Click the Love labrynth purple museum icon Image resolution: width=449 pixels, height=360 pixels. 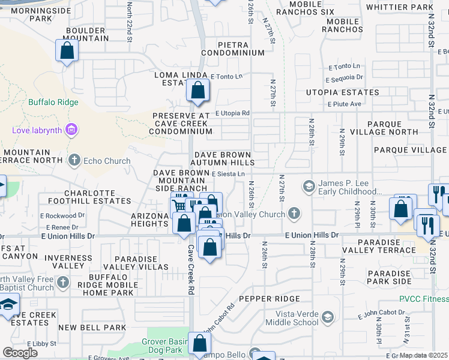pos(71,130)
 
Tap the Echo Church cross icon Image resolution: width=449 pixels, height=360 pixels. pos(74,160)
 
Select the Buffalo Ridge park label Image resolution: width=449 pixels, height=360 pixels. pos(53,102)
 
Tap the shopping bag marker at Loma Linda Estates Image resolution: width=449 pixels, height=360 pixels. pos(197,91)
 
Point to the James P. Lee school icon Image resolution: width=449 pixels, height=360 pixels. pos(309,185)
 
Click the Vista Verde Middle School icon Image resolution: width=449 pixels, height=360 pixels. pos(327,316)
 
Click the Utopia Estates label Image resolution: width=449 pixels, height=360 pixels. pos(342,92)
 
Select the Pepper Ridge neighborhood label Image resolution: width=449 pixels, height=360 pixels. pos(268,298)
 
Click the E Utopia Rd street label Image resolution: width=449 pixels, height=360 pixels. pos(232,113)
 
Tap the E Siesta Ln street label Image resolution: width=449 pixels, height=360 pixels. pos(228,174)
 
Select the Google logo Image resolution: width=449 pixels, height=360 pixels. pos(20,352)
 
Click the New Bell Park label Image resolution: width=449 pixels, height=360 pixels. pos(92,328)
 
